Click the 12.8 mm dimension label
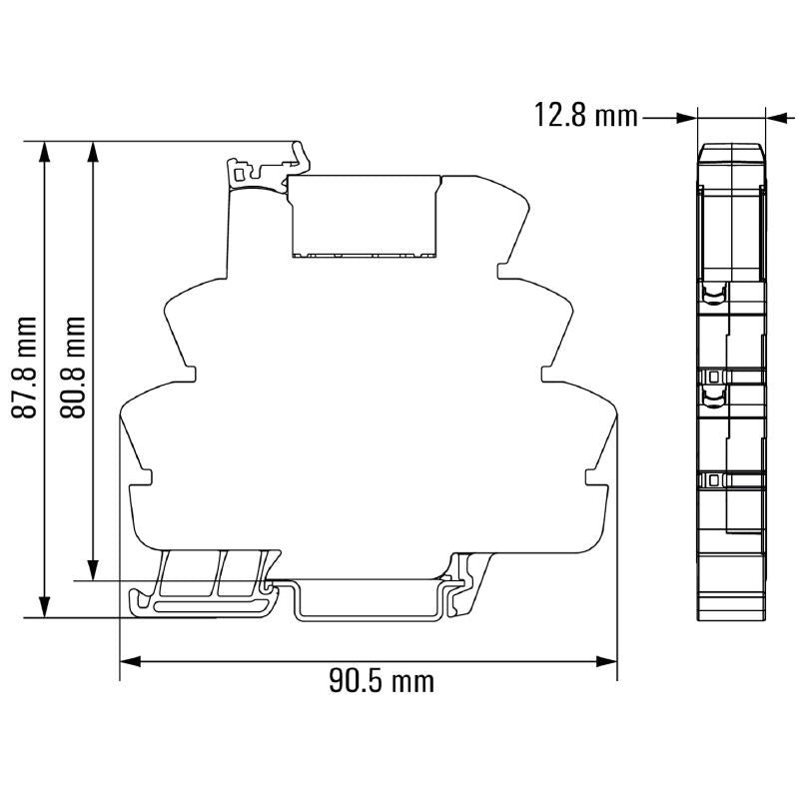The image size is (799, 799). [585, 117]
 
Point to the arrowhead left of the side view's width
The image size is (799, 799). [686, 117]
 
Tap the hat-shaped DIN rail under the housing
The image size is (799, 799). [370, 599]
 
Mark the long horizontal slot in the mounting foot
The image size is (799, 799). [205, 604]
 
